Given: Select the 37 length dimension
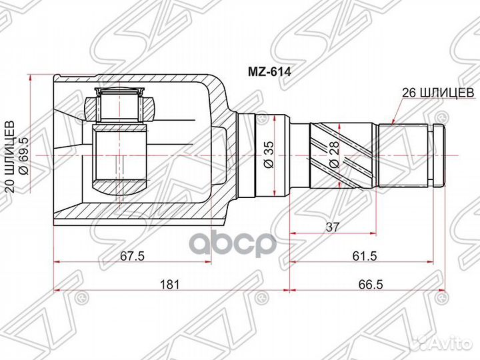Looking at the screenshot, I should pos(332,227).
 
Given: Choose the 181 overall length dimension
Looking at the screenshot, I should pos(170,285).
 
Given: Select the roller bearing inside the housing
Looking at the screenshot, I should pos(120,106).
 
